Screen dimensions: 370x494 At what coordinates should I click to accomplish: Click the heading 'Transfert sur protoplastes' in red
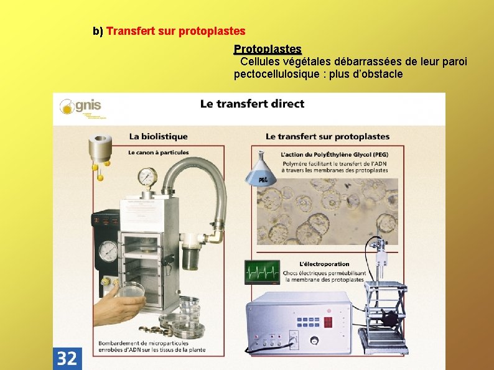(176, 30)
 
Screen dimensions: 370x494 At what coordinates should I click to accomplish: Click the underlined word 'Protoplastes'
(268, 49)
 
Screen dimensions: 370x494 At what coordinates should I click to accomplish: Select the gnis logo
(80, 107)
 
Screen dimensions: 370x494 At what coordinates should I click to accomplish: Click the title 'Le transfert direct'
(252, 104)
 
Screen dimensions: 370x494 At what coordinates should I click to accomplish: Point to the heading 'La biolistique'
(158, 136)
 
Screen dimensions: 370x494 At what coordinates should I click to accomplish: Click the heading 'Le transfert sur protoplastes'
(327, 136)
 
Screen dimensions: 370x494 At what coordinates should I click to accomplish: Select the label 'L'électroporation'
(324, 264)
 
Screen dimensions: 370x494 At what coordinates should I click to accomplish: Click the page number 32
(67, 358)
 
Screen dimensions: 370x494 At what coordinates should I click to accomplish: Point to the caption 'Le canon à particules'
(159, 152)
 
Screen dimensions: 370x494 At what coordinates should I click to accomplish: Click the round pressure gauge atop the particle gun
(147, 177)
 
